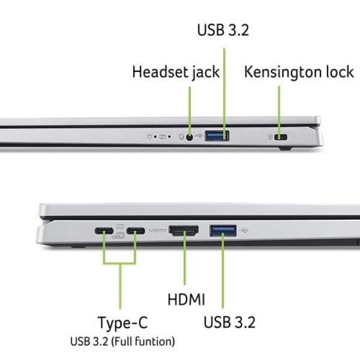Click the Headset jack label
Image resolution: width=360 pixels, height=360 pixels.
click(x=175, y=73)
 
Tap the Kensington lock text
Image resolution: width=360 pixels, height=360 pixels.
click(x=299, y=73)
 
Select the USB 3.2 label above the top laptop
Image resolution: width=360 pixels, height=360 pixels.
click(x=223, y=30)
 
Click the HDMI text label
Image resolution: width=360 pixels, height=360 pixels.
click(x=185, y=299)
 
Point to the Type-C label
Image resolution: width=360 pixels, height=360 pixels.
click(x=122, y=323)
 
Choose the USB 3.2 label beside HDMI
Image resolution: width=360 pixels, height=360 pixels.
click(x=229, y=322)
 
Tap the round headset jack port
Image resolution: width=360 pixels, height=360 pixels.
click(x=191, y=137)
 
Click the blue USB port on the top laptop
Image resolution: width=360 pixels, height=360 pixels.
click(x=217, y=136)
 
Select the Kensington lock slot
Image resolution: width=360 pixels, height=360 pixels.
click(x=281, y=137)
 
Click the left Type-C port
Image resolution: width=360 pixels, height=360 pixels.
click(x=103, y=230)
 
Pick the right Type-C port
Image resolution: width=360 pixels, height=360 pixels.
click(x=136, y=230)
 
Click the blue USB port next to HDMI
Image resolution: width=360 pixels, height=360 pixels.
click(x=223, y=230)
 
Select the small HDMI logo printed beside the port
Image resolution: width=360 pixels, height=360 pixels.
click(x=157, y=230)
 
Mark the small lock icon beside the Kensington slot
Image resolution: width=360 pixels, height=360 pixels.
click(x=270, y=137)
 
